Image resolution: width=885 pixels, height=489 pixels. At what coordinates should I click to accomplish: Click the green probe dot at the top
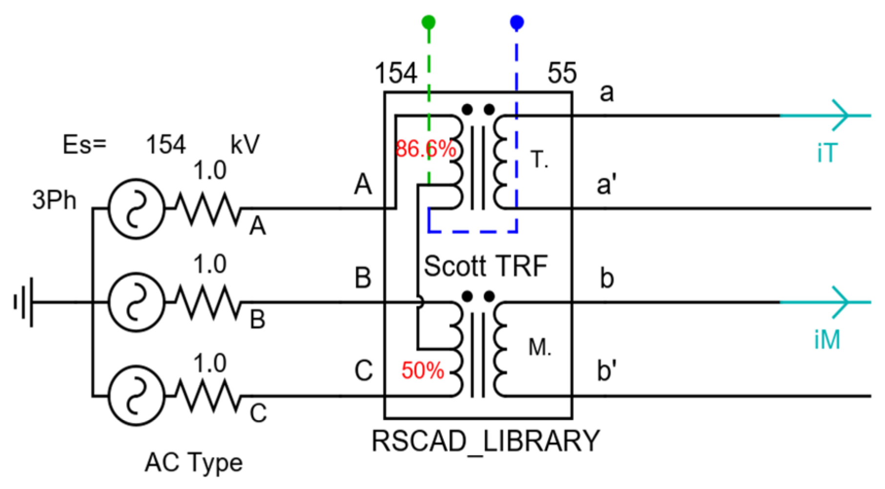pos(428,22)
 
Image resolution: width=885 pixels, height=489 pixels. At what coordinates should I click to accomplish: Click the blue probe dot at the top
pos(517,22)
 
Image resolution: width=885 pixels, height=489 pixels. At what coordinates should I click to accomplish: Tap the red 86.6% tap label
pos(425,149)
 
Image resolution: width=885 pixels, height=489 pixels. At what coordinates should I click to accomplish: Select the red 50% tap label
pos(422,370)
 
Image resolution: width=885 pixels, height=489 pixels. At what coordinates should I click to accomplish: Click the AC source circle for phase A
pos(136,208)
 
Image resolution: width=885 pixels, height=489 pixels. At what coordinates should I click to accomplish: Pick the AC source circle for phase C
pos(136,396)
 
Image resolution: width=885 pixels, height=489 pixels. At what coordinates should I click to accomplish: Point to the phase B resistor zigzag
pos(208,303)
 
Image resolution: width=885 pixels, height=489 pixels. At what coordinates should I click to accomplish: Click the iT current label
pos(827,153)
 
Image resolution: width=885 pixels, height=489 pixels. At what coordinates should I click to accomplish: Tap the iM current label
pos(827,340)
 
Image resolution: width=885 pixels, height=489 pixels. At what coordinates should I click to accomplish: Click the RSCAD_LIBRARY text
pos(485,442)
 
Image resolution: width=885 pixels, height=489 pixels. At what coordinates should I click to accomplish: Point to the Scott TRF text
pos(485,266)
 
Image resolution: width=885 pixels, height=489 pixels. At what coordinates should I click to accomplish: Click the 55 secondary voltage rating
pos(562,73)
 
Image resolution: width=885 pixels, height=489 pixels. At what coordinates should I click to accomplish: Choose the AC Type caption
pos(193,463)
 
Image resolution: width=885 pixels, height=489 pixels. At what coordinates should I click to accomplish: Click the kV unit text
pos(245,145)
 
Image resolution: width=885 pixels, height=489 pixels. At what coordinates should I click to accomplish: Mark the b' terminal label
pos(607,371)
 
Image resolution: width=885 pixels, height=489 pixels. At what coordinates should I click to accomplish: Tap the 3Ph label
pos(54,200)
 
